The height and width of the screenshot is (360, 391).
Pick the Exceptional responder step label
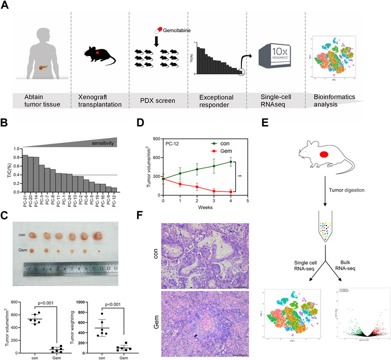point(213,99)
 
